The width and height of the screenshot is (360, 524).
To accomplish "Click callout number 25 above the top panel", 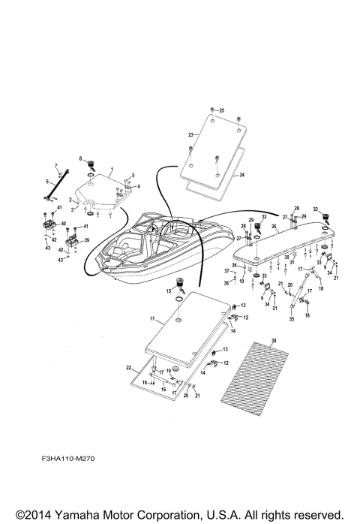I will [221, 110].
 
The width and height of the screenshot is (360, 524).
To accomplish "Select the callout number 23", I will [190, 134].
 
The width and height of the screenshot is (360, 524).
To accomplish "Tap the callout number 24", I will [242, 174].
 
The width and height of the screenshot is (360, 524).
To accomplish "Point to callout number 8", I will [80, 158].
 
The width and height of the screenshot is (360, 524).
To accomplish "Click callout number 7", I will [55, 164].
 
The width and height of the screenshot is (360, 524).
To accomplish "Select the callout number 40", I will [64, 223].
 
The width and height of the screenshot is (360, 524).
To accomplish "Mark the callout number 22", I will [129, 367].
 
